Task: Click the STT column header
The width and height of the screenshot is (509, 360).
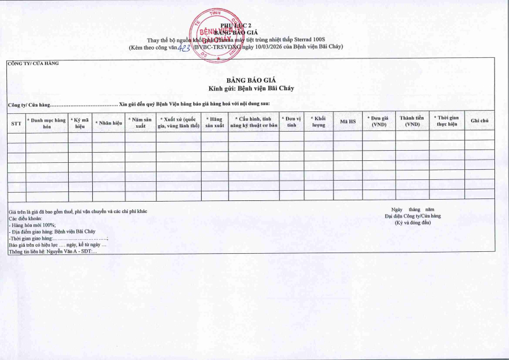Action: coord(17,121)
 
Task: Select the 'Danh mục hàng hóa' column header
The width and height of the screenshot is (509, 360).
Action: coord(47,122)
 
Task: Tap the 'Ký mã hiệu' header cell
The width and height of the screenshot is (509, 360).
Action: coord(80,122)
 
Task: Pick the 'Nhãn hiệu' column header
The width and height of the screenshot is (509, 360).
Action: coord(108,121)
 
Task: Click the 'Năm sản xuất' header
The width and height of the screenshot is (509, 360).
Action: coord(140,122)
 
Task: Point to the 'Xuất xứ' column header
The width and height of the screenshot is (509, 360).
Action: coord(178,122)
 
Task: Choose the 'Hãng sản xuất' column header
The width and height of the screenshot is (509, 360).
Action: coord(215,122)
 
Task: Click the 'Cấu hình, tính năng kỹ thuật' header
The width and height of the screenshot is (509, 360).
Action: coord(254,122)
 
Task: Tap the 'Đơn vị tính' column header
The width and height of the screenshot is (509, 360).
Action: coord(291,122)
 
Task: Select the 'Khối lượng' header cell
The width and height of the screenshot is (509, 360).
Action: coord(318,122)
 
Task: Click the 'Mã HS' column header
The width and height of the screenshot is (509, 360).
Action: coord(347,121)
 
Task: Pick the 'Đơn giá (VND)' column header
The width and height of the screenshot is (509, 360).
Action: coord(379,121)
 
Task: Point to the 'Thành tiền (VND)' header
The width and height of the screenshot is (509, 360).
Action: coord(412,121)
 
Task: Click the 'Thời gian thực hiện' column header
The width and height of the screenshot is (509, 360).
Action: coord(447,121)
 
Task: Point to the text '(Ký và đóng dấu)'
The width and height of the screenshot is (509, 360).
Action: coord(413,223)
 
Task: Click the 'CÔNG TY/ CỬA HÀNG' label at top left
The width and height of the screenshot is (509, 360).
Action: coord(32,64)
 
